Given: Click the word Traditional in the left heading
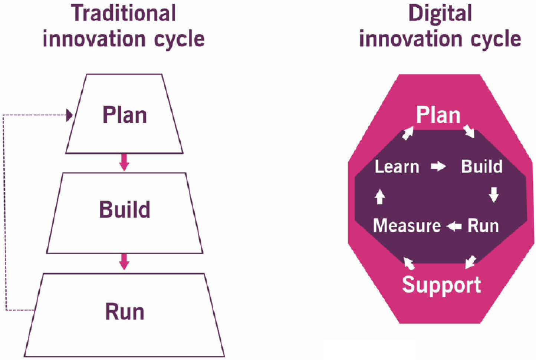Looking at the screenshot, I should pyautogui.click(x=124, y=13).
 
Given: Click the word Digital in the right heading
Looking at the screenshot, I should pyautogui.click(x=440, y=13).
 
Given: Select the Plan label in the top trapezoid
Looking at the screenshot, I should pyautogui.click(x=125, y=115).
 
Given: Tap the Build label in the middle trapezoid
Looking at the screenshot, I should pyautogui.click(x=125, y=209).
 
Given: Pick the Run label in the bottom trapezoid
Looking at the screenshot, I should pyautogui.click(x=125, y=312).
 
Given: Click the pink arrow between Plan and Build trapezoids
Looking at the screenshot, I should pyautogui.click(x=124, y=162).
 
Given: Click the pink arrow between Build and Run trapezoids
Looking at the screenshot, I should pyautogui.click(x=124, y=261).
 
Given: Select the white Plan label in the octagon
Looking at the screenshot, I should pyautogui.click(x=438, y=115).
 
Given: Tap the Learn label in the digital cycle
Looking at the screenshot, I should pyautogui.click(x=397, y=167).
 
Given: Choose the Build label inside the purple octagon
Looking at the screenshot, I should pyautogui.click(x=481, y=167).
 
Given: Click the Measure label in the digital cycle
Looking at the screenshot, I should pyautogui.click(x=407, y=225).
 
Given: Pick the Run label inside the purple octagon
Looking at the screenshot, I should pyautogui.click(x=483, y=225).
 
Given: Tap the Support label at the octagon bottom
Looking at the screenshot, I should pyautogui.click(x=441, y=285).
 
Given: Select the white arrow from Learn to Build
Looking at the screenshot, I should pyautogui.click(x=438, y=167).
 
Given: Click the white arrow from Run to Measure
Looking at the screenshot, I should pyautogui.click(x=454, y=226).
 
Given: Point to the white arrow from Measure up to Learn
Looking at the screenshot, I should pyautogui.click(x=379, y=196).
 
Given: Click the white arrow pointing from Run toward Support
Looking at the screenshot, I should pyautogui.click(x=470, y=262).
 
